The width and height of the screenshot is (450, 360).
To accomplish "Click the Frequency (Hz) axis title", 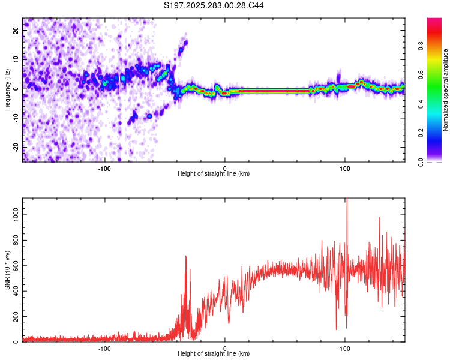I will click(x=7, y=89).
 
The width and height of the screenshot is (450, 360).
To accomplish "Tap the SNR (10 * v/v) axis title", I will click(x=7, y=269).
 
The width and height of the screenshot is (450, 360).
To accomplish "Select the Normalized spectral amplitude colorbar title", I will click(x=445, y=90).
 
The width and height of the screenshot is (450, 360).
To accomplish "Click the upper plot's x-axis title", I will click(x=214, y=173).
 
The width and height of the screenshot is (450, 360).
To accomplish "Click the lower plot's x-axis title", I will click(x=214, y=354).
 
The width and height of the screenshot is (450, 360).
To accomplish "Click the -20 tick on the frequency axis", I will click(x=16, y=147).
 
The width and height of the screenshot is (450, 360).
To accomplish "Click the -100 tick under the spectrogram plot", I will click(x=104, y=167).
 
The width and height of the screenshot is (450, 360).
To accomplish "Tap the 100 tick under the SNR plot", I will click(x=345, y=348).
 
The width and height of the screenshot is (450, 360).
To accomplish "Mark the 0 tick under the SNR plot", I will click(x=225, y=348).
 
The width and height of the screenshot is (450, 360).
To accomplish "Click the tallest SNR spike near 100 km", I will click(x=347, y=201).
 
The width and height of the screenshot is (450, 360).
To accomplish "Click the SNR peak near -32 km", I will click(x=185, y=257).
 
